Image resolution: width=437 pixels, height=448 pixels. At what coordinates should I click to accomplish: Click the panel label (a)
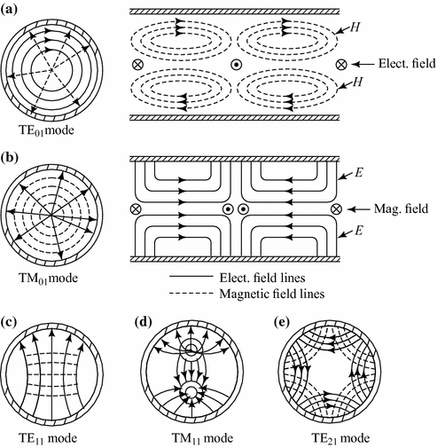click(13, 12)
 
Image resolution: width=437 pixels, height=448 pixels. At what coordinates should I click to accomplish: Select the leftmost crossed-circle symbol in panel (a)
click(136, 67)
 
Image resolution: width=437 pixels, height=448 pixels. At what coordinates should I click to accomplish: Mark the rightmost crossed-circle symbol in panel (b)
click(336, 209)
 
